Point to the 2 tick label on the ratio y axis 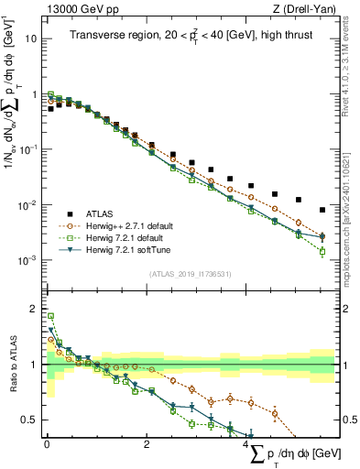(33, 308)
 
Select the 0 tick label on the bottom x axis (47, 443)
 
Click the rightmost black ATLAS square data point (322, 209)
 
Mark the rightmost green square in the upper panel (322, 251)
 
